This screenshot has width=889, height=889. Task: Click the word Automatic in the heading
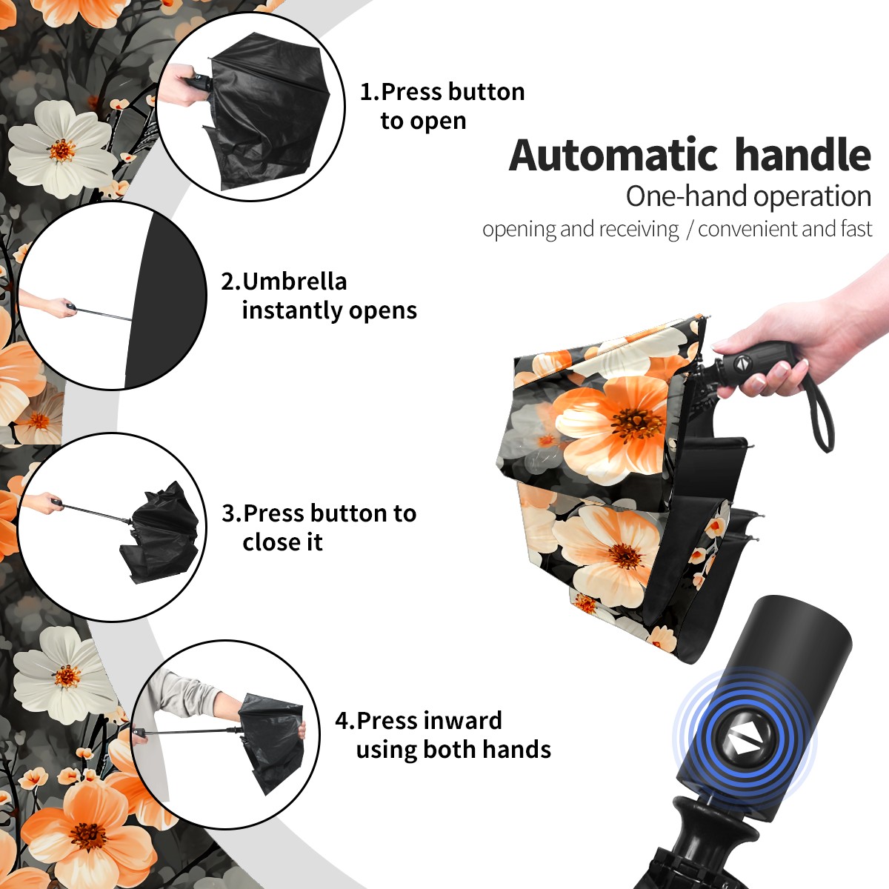pyautogui.click(x=613, y=155)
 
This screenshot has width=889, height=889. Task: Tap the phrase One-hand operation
pyautogui.click(x=748, y=196)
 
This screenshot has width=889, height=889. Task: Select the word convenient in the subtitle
pyautogui.click(x=748, y=229)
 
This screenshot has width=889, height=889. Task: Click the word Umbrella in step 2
pyautogui.click(x=294, y=282)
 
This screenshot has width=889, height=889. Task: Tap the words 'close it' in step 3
pyautogui.click(x=282, y=542)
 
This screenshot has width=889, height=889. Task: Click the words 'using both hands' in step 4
pyautogui.click(x=453, y=749)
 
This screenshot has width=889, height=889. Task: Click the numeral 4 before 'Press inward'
pyautogui.click(x=342, y=721)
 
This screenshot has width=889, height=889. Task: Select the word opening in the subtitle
pyautogui.click(x=519, y=230)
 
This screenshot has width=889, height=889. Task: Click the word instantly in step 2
pyautogui.click(x=293, y=310)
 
